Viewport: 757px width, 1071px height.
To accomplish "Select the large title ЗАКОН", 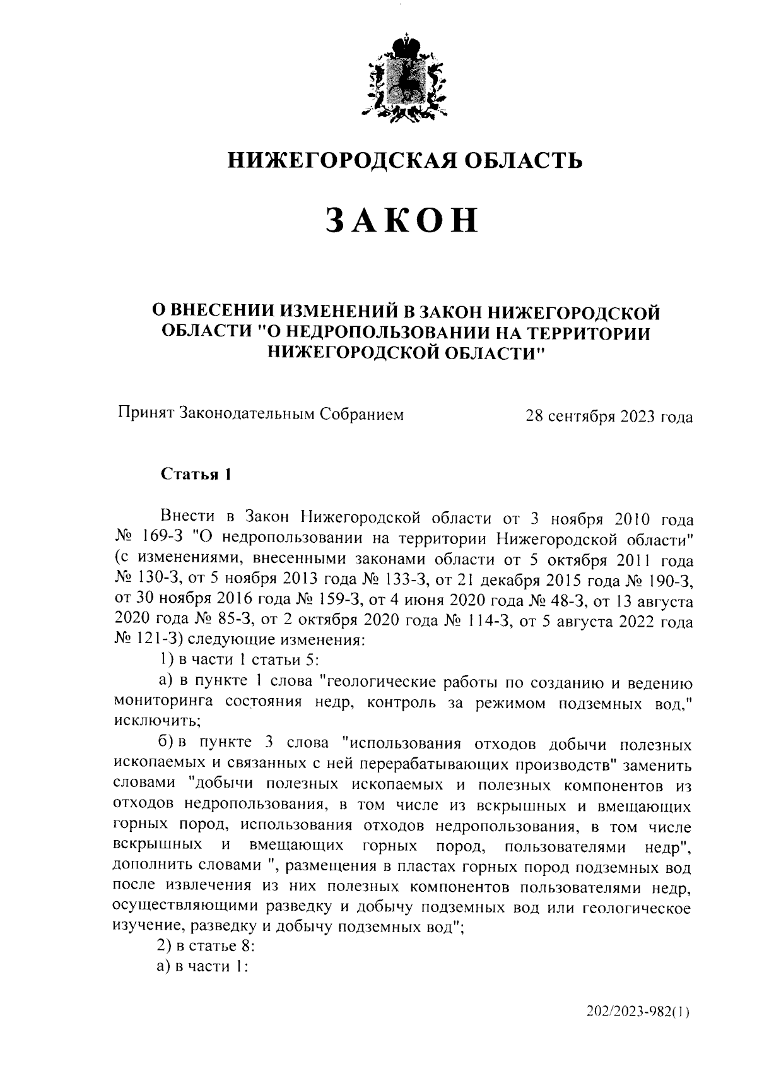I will point(404,220).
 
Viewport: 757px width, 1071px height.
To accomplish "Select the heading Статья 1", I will point(196,474).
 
